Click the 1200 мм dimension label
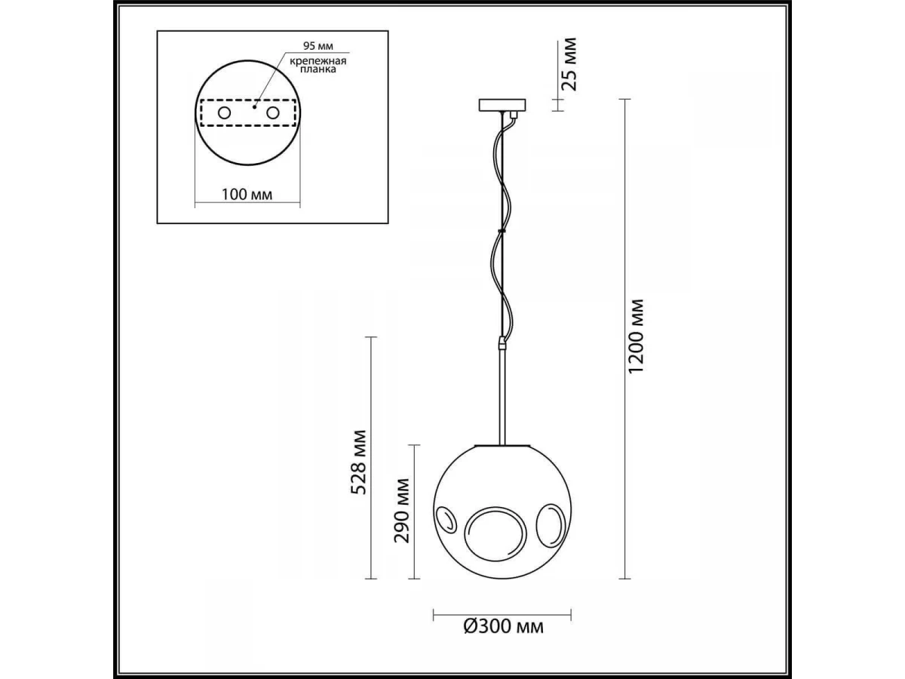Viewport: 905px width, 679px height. pos(635,336)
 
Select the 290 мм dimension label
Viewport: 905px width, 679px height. pos(402,511)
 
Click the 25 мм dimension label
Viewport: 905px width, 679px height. pos(569,64)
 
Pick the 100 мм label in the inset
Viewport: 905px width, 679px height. pos(247,194)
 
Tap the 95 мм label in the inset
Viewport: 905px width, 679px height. pos(318,46)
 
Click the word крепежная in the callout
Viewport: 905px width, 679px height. pos(318,61)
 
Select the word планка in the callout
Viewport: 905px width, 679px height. pos(318,69)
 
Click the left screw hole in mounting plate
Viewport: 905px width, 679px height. pos(224,112)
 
